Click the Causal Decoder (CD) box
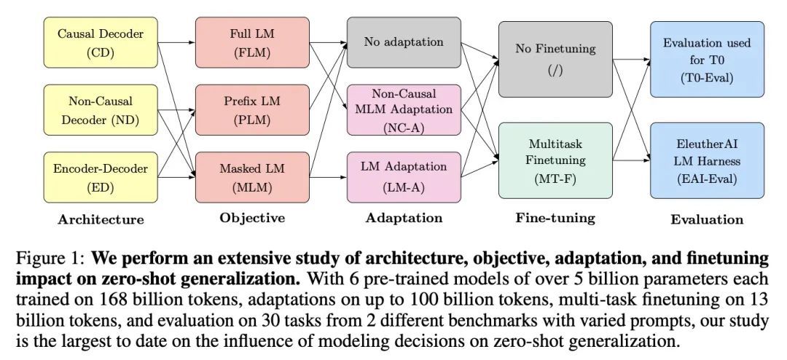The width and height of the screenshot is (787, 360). (x=100, y=42)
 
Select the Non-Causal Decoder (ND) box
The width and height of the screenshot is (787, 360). (x=100, y=110)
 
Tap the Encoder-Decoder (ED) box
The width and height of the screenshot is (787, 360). (x=100, y=177)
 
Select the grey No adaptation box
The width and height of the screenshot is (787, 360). (x=404, y=42)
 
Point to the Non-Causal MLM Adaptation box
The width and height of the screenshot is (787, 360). (x=404, y=110)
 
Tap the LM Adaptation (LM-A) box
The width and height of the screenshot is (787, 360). (x=404, y=177)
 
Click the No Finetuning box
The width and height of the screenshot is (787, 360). (x=555, y=59)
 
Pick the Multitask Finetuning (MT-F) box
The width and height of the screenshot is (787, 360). (x=555, y=161)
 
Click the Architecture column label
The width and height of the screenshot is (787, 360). (x=101, y=219)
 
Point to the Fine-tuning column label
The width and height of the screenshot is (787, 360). (x=555, y=218)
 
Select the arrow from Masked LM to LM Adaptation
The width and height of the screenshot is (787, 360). (x=328, y=177)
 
